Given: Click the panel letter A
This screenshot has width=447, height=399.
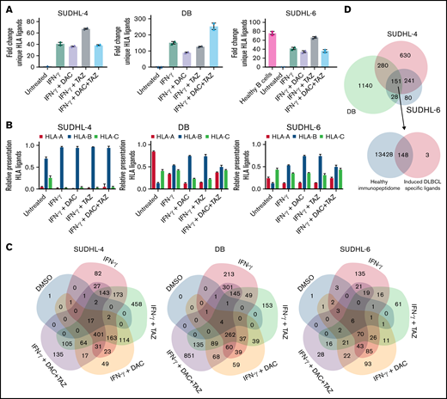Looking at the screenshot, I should point(7,7).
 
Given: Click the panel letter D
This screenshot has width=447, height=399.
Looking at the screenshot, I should point(321,7).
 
